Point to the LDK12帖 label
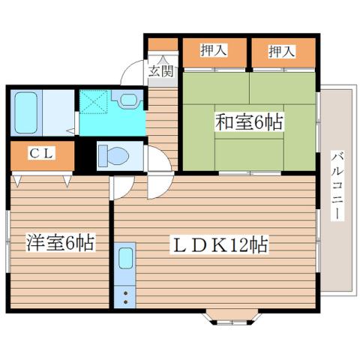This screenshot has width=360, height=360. coord(221,244)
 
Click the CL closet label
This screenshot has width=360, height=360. coord(40,153)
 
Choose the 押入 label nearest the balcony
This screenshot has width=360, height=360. coord(282,52)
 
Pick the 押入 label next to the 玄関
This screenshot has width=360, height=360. coord(214,52)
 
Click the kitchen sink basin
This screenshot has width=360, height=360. coord(126,259)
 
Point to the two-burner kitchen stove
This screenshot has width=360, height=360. coord(125,293)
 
